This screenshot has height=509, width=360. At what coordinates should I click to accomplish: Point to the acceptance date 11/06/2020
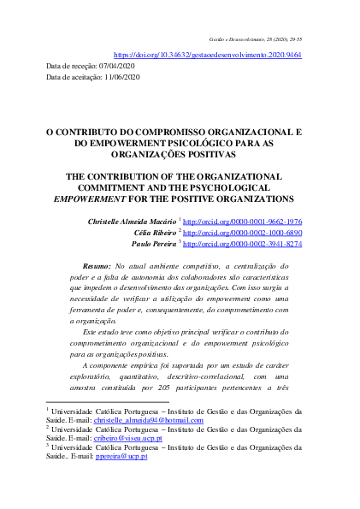(x=121, y=77)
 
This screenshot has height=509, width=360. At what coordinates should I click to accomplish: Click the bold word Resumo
(x=108, y=268)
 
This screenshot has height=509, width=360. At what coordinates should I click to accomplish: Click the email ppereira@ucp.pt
(x=121, y=456)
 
